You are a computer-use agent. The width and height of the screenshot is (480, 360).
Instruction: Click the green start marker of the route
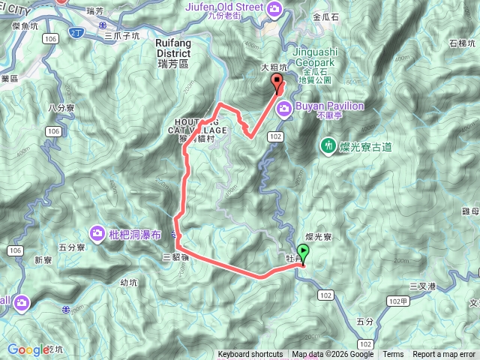pos(303,253)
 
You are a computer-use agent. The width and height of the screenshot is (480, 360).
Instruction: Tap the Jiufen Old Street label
pos(224,7)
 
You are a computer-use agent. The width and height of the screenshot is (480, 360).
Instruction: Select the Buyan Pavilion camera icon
pos(285,109)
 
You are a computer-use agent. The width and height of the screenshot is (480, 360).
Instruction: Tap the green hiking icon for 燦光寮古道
pos(328,144)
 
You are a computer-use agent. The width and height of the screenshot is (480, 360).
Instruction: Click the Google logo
pos(28,349)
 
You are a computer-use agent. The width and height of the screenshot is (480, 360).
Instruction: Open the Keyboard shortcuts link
pos(250,355)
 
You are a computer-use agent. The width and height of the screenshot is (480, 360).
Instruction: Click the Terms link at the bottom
pos(393,355)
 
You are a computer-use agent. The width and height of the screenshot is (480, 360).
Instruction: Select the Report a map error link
pos(444,355)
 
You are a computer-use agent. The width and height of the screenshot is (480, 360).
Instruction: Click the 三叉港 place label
pos(423,286)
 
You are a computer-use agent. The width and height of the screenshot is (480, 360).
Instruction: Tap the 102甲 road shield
pos(399,300)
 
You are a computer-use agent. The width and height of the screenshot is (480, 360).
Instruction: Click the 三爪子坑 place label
pos(123,35)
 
